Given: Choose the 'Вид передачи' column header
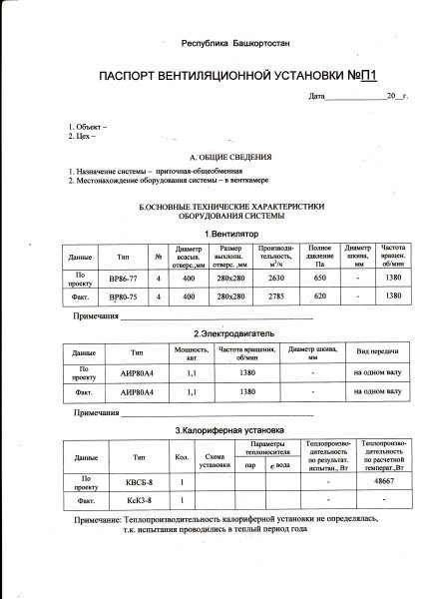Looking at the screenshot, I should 375,352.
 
